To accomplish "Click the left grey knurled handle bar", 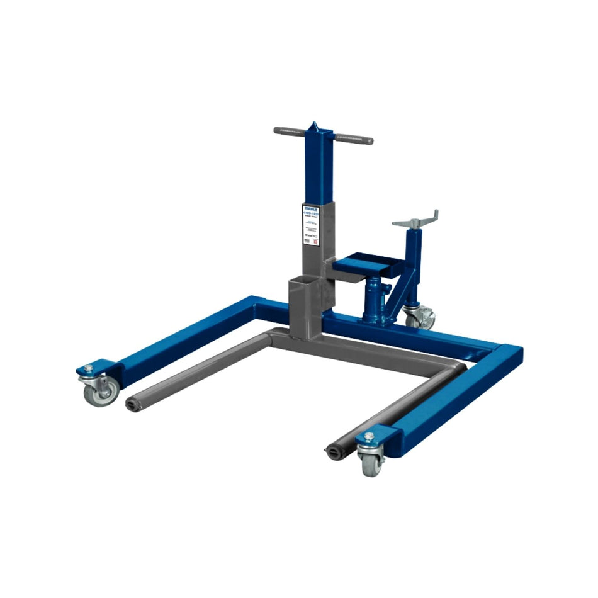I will pyautogui.click(x=290, y=131).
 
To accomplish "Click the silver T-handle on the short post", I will pyautogui.click(x=415, y=220).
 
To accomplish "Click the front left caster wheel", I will pyautogui.click(x=100, y=393).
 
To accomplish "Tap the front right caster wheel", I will pyautogui.click(x=371, y=463).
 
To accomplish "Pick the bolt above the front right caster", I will pyautogui.click(x=368, y=436).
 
